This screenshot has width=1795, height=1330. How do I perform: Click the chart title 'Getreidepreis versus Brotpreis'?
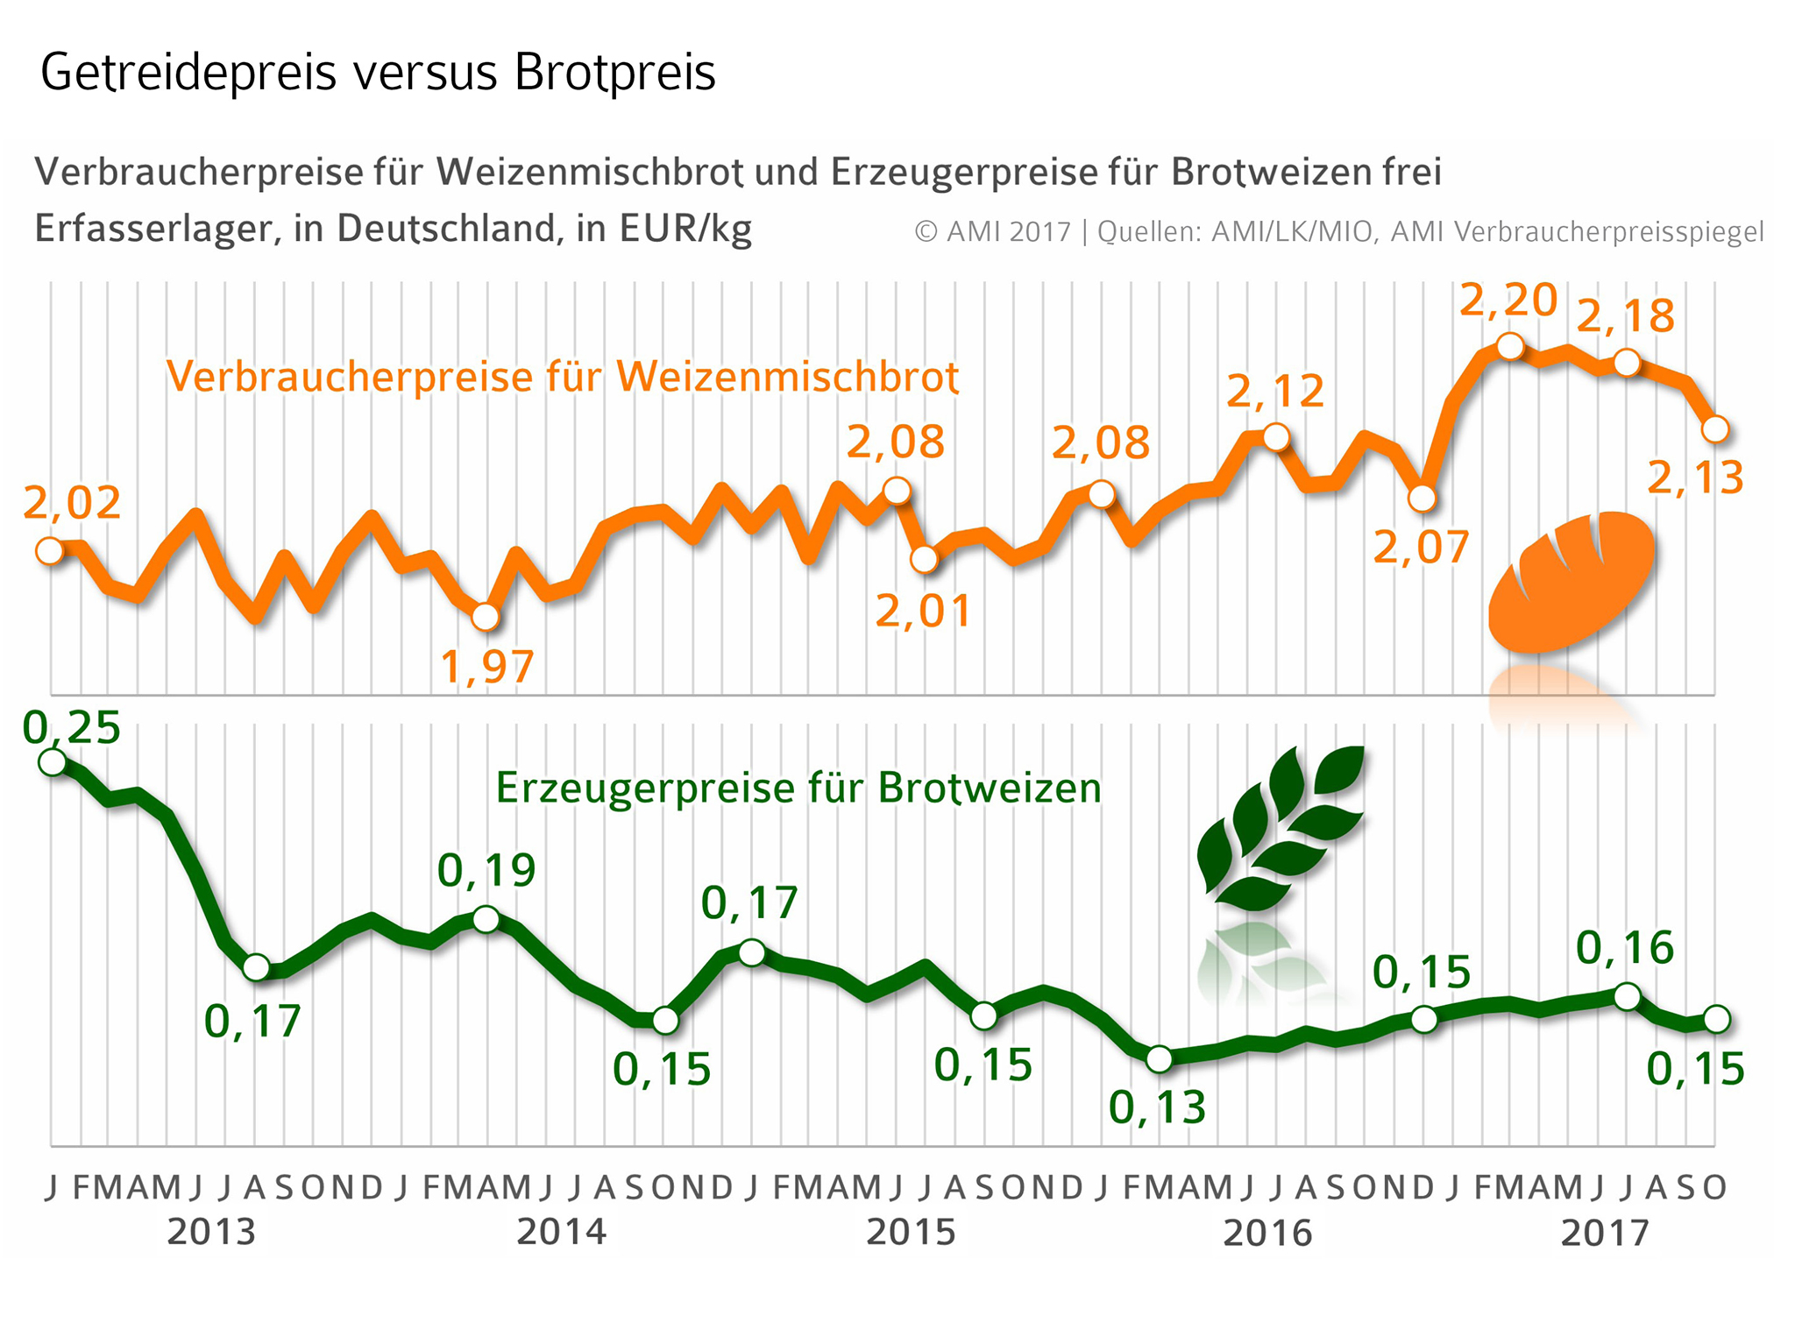click(378, 73)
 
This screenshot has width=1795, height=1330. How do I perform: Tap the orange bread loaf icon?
click(1571, 581)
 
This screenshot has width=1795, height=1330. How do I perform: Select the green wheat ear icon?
click(1280, 828)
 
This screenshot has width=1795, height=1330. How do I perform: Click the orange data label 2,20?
click(1508, 301)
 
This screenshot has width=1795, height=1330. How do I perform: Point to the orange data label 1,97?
click(486, 667)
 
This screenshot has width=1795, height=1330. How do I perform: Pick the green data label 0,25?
click(72, 728)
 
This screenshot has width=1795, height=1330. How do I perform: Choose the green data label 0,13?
click(1157, 1108)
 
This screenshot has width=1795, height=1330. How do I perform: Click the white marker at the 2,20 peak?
click(1509, 346)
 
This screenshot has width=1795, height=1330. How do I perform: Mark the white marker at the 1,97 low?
click(486, 618)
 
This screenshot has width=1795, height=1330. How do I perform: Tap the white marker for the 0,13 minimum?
click(1159, 1059)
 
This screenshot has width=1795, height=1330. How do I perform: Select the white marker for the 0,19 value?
click(486, 919)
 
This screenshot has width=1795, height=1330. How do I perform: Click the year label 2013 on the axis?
click(211, 1232)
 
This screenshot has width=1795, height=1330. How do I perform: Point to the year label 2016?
click(1267, 1233)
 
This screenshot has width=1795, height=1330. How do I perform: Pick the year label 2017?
click(1605, 1233)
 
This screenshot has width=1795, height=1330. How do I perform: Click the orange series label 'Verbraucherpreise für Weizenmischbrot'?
click(563, 377)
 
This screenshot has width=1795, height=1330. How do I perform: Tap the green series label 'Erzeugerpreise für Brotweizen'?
click(798, 788)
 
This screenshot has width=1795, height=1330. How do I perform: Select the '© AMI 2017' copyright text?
click(992, 232)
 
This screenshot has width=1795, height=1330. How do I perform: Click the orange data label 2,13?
click(1695, 478)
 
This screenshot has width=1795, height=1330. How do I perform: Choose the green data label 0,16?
click(1625, 948)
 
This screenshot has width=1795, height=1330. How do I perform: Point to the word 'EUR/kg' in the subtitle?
click(685, 229)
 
